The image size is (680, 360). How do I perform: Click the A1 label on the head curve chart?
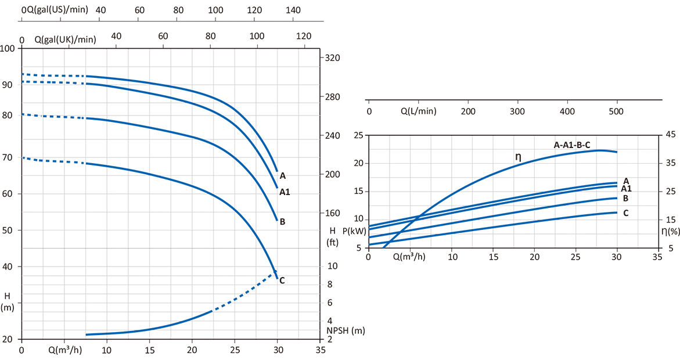285,192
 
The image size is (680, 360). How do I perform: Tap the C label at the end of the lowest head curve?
282,280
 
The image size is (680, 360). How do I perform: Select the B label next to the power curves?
625,198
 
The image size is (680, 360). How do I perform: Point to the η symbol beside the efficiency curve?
518,156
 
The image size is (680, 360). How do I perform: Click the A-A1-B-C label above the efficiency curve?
572,145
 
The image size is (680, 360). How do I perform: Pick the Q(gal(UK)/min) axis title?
65,39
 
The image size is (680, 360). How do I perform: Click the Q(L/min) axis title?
418,111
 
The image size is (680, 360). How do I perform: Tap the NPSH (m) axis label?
346,331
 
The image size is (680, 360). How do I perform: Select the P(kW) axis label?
354,231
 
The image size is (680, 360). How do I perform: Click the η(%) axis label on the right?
670,231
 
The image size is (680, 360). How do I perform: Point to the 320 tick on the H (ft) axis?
332,58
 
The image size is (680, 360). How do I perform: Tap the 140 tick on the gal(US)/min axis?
293,10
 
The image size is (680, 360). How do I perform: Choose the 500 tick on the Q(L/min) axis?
616,111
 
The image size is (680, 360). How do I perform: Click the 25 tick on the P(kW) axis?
358,136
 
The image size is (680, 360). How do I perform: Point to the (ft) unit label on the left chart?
333,242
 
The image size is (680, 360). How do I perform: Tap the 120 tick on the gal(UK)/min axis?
303,36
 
